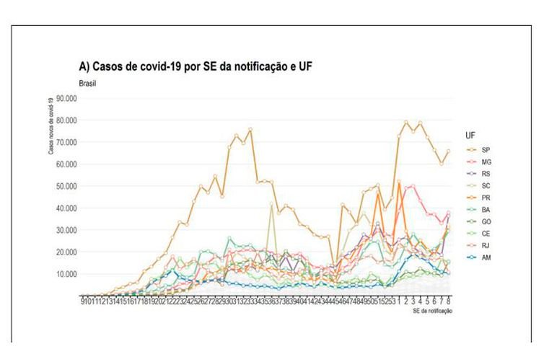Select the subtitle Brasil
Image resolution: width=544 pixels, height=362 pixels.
[x=87, y=83]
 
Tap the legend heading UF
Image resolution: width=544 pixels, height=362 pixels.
[x=470, y=135]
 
